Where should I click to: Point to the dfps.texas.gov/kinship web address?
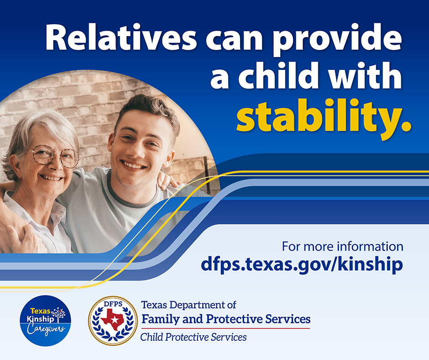(302, 265)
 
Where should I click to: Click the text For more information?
(342, 247)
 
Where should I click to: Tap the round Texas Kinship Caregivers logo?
(45, 320)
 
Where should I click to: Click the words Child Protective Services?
(194, 338)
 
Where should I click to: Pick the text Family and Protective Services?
(226, 319)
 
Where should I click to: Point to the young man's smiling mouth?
(134, 164)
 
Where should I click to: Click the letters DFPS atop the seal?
(113, 303)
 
